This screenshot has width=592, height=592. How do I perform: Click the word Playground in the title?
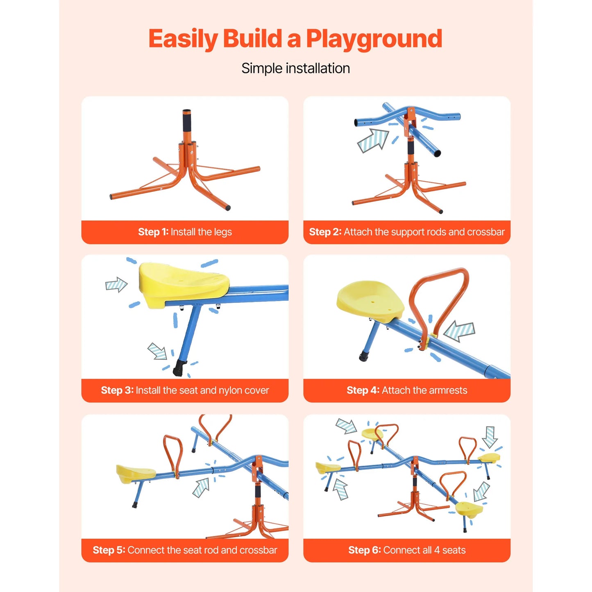click(374, 39)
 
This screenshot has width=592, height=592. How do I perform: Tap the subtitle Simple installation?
click(295, 68)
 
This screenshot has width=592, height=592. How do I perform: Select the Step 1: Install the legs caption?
click(185, 232)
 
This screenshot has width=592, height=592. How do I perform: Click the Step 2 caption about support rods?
click(406, 232)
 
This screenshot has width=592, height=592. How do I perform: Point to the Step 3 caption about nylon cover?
click(185, 390)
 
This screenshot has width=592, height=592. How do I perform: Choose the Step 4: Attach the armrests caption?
click(406, 390)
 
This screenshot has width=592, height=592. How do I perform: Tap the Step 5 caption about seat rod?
click(185, 550)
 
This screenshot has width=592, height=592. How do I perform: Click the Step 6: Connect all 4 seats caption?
click(406, 550)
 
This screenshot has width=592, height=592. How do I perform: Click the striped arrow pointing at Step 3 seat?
click(116, 284)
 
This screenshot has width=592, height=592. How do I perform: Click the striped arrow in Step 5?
click(201, 488)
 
